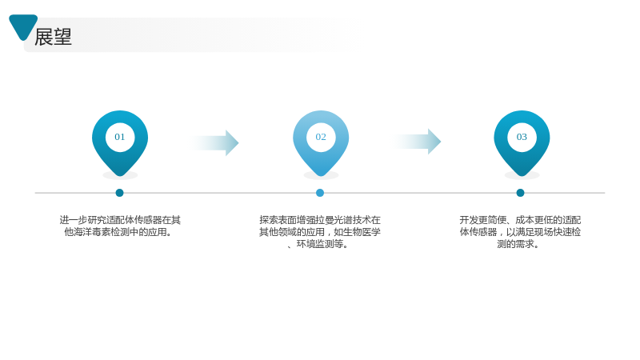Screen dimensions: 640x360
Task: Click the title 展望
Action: click(x=53, y=37)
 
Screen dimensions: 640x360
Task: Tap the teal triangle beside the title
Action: click(x=23, y=26)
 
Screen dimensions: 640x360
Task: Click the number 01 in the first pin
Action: click(x=119, y=137)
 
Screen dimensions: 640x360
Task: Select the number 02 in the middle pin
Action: click(x=321, y=137)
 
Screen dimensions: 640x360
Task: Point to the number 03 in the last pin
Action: click(x=522, y=137)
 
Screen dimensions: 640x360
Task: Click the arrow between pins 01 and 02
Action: click(x=214, y=143)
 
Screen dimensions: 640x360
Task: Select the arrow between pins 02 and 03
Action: click(x=416, y=142)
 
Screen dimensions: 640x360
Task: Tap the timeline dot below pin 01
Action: click(x=119, y=193)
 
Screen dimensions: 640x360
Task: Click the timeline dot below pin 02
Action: click(x=320, y=193)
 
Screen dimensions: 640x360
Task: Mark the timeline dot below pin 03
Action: click(x=521, y=193)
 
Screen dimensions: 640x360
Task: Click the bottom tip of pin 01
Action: click(x=120, y=176)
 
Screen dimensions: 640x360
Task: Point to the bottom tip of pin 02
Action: click(x=321, y=176)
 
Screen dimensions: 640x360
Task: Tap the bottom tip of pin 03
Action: click(x=522, y=176)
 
